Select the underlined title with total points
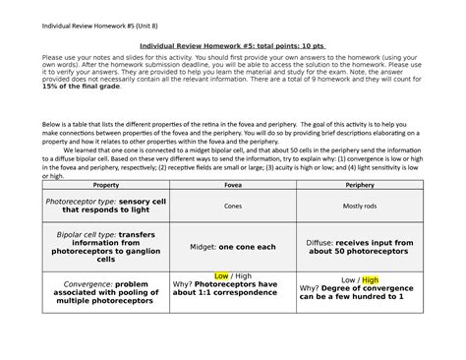click(232, 46)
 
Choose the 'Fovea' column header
click(232, 184)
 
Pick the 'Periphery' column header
click(360, 184)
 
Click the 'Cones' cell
click(232, 206)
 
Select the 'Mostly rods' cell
click(360, 206)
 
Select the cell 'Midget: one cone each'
click(232, 246)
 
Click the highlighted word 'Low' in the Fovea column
click(222, 276)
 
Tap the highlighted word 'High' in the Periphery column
click(369, 279)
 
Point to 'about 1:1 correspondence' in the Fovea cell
click(227, 293)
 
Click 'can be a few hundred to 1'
click(360, 296)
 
